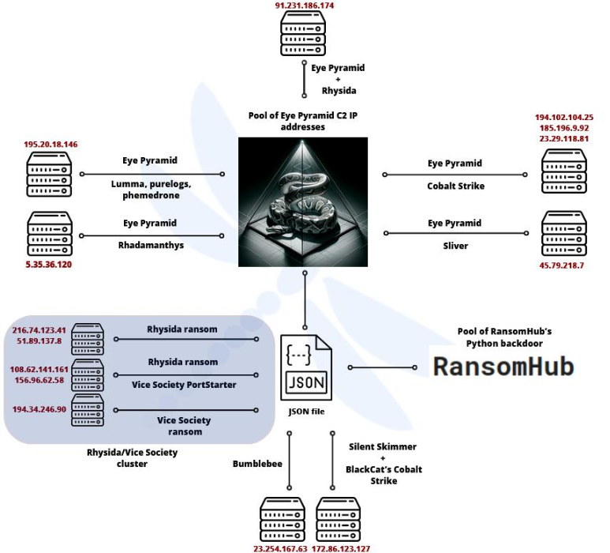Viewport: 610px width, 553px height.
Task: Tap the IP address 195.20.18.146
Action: pyautogui.click(x=51, y=145)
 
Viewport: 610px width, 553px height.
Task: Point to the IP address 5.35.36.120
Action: pyautogui.click(x=49, y=264)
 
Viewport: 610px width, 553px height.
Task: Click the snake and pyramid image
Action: pyautogui.click(x=304, y=201)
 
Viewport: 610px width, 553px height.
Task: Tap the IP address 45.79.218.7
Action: pyautogui.click(x=563, y=265)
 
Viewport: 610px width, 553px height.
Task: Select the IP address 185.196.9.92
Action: pyautogui.click(x=564, y=127)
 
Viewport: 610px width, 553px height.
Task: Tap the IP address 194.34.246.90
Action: pyautogui.click(x=39, y=409)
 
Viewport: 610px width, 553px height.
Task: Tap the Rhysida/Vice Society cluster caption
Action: pyautogui.click(x=133, y=458)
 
